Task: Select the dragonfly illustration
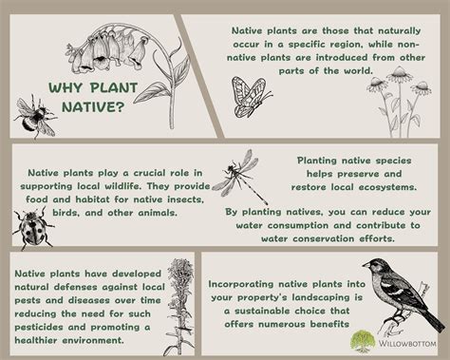pyautogui.click(x=233, y=177)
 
